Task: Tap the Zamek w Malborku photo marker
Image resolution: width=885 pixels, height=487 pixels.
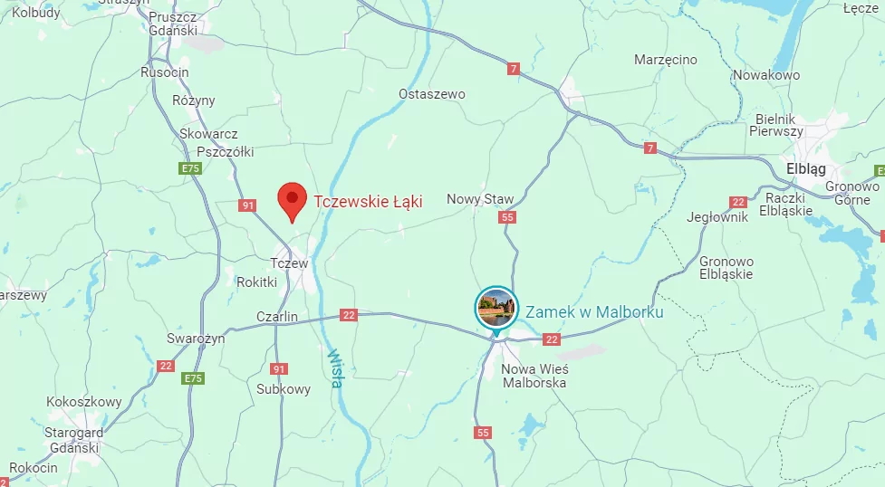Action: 495,308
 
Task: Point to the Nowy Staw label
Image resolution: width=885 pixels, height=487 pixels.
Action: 480,199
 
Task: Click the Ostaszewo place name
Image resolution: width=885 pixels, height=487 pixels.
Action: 432,94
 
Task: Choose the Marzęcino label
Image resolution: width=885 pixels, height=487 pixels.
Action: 666,60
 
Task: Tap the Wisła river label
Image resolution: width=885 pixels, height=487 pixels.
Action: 335,368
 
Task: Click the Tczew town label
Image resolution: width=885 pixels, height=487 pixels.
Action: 290,263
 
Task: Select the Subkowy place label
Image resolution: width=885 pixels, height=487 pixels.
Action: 284,389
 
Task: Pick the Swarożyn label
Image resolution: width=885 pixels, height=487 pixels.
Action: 196,339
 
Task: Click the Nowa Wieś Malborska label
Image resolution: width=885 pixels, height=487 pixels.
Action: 534,376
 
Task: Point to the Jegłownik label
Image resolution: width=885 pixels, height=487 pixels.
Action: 717,217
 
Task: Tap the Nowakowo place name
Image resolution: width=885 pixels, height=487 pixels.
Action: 766,75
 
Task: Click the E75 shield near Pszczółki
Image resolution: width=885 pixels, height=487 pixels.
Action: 190,168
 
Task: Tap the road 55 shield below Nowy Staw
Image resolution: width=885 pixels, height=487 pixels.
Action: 507,217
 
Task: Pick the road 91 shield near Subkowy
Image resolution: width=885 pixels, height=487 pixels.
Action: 279,369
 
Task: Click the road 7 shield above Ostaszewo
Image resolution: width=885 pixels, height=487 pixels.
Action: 514,69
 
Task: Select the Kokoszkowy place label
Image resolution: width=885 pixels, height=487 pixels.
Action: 84,401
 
